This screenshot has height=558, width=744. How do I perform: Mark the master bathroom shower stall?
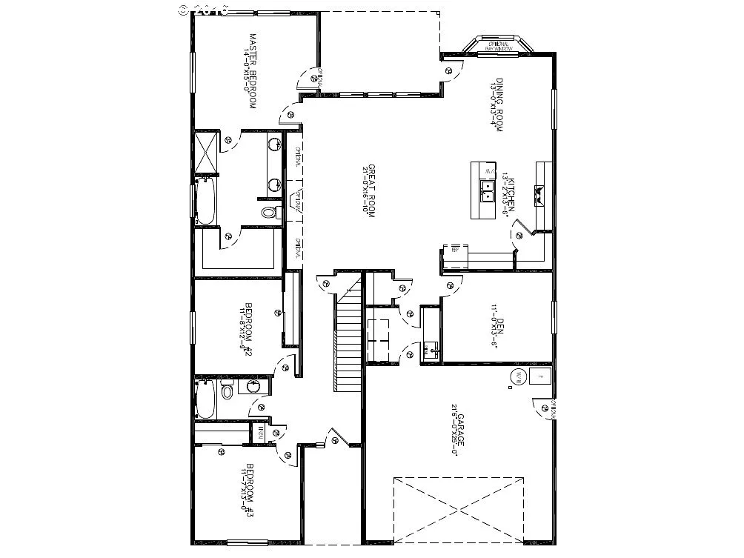point(205,152)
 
